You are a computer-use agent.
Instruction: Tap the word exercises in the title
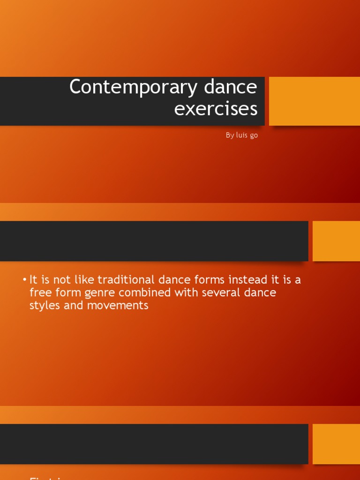tap(216, 109)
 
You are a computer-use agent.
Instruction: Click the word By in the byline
tap(229, 135)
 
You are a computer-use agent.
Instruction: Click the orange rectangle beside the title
tap(314, 101)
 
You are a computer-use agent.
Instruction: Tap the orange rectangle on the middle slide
tap(336, 241)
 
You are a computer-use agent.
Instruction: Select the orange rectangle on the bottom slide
tap(336, 444)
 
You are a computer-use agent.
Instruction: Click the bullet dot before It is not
tap(24, 280)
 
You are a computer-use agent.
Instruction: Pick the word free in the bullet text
tap(39, 293)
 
